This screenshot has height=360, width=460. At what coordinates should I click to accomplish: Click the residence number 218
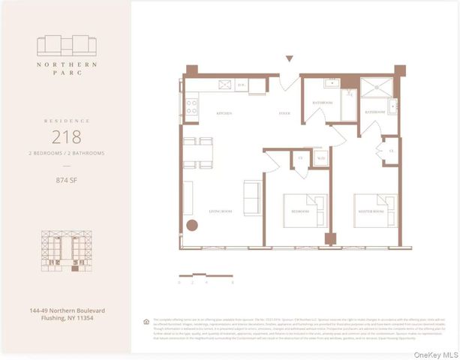(66, 137)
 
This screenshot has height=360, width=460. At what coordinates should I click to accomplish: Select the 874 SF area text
(66, 180)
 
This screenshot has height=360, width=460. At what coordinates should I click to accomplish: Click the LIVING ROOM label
(221, 211)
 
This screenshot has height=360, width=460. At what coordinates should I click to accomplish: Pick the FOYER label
(284, 113)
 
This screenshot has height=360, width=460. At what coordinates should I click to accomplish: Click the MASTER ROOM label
(369, 211)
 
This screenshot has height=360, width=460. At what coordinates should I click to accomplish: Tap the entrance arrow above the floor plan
(289, 58)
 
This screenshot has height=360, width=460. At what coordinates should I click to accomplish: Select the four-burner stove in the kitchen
(191, 106)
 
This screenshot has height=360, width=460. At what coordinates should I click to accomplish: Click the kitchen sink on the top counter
(223, 85)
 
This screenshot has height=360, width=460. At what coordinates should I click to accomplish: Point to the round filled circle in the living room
(192, 224)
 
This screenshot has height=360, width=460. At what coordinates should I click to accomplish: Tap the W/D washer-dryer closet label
(320, 158)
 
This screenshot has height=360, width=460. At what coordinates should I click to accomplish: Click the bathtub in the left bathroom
(349, 104)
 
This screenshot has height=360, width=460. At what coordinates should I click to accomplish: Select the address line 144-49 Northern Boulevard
(66, 310)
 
